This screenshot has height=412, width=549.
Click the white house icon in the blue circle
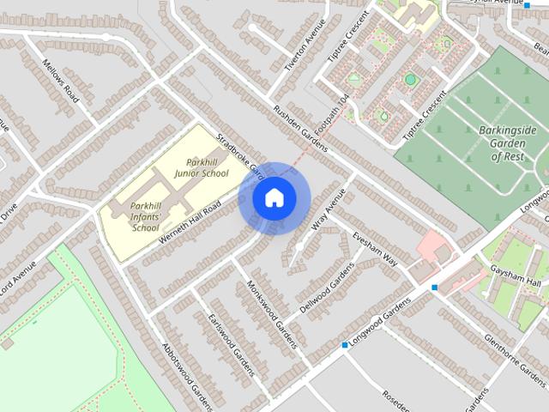(274, 197)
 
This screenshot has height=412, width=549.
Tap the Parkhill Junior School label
(201, 167)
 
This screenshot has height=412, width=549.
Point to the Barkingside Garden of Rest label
(508, 143)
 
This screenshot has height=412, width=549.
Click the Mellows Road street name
(60, 80)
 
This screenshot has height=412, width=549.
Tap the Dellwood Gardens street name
(327, 286)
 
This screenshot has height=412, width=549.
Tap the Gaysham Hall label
(523, 284)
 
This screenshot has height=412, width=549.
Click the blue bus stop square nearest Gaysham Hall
(436, 288)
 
